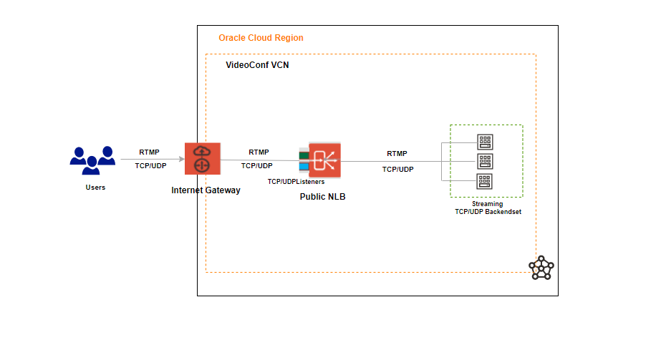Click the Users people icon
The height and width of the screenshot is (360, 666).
92,160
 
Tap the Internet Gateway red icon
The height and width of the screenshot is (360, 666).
202,159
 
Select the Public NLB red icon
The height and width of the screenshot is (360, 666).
324,160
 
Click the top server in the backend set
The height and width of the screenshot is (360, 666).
485,141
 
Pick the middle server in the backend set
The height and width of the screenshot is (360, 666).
485,160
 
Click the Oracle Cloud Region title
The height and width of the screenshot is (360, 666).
261,37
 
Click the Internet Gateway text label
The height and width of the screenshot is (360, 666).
206,190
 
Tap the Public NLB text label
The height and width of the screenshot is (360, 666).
322,196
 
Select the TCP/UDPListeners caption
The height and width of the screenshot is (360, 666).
296,182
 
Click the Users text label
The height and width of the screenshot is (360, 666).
95,188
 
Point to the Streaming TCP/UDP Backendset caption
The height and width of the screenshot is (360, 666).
487,208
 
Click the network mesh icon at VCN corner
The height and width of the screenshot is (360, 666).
541,267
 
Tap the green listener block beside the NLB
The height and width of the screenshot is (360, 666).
304,155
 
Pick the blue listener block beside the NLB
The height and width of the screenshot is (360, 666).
304,167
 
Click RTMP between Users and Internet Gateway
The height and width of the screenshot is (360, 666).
150,152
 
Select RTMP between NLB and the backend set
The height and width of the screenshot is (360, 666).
397,154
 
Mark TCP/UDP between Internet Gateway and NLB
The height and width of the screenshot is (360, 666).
256,165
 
